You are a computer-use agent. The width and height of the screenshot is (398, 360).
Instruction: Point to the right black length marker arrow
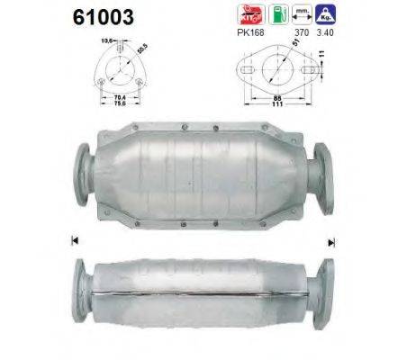[330, 241]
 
